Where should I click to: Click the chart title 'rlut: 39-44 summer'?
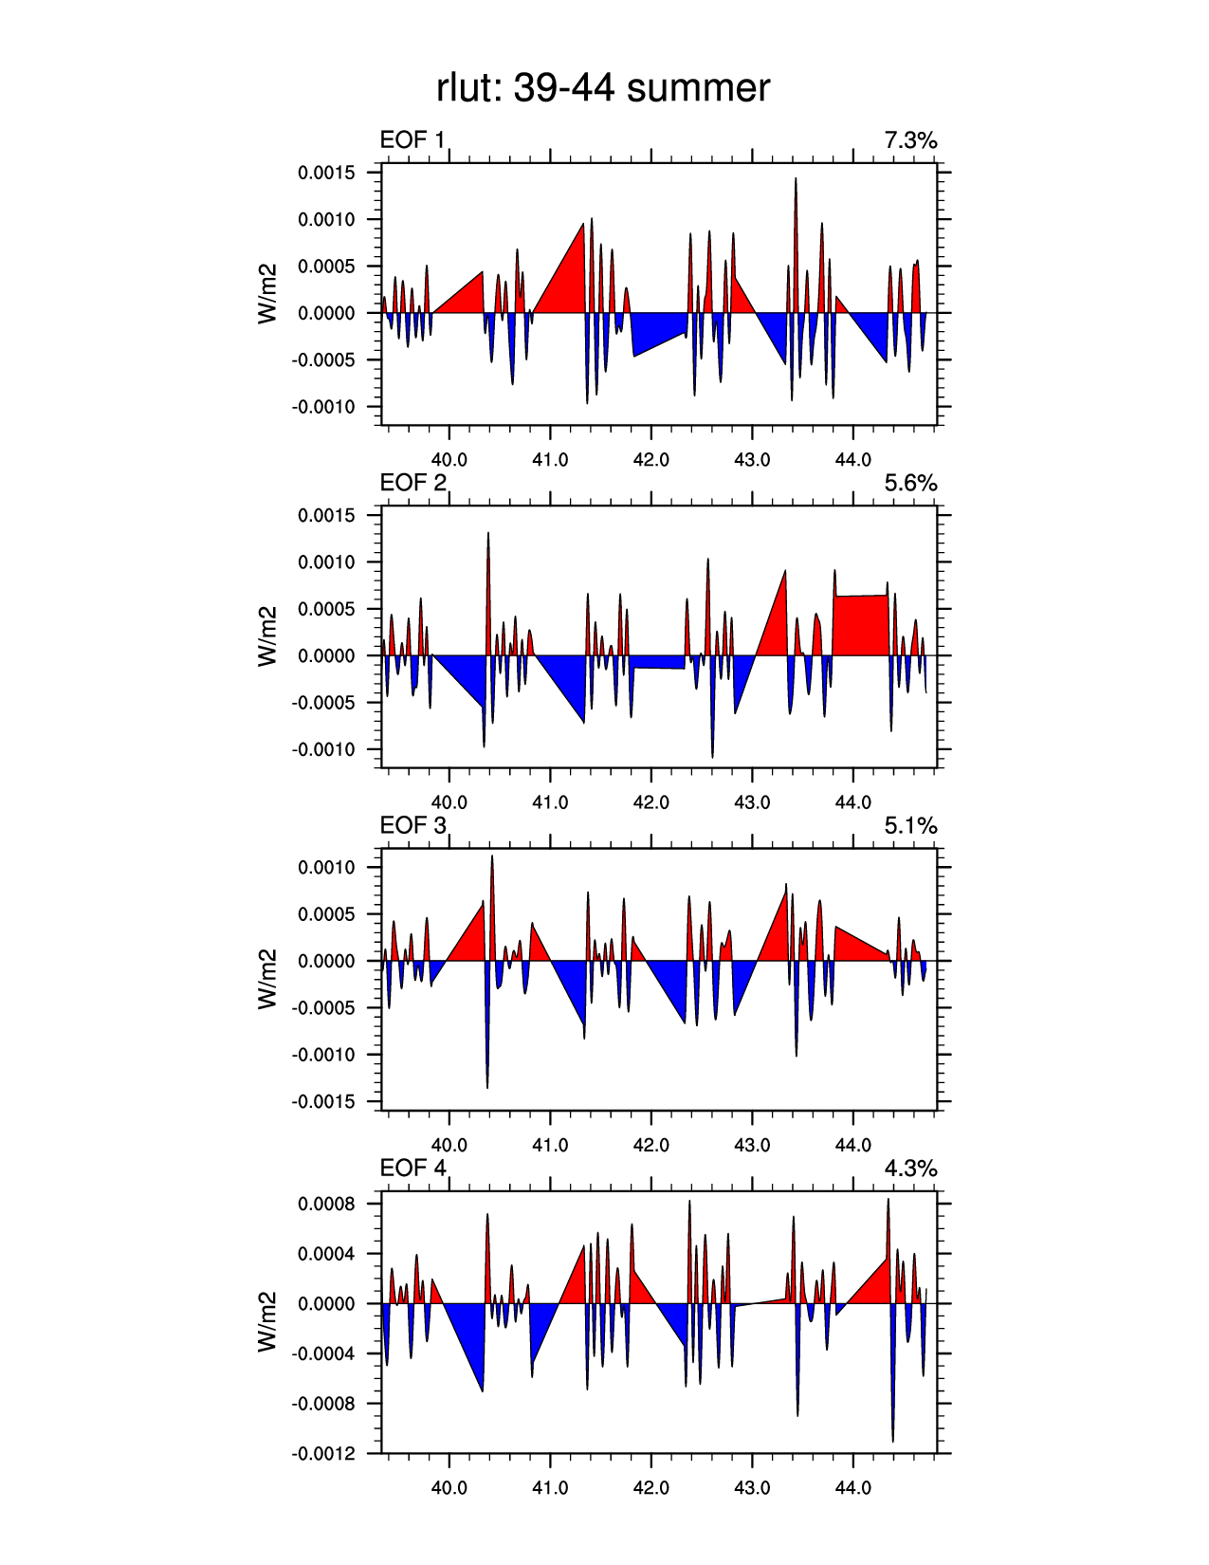(x=603, y=88)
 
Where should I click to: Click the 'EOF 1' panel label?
(x=412, y=140)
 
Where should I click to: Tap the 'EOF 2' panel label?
(x=412, y=483)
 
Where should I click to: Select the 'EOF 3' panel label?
(x=412, y=825)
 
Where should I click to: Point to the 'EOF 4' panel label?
(x=412, y=1168)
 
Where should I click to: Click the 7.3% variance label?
(x=910, y=140)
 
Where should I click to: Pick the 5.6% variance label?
(x=910, y=483)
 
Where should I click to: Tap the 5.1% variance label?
(x=910, y=825)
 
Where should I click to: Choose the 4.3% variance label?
(x=910, y=1168)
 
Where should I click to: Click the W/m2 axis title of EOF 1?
(x=267, y=293)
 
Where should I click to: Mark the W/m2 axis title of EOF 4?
(x=267, y=1321)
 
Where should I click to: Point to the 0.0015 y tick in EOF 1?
(x=326, y=173)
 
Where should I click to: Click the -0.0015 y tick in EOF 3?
(x=323, y=1102)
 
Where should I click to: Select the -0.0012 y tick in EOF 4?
(x=323, y=1453)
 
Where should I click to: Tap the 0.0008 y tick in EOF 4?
(x=326, y=1204)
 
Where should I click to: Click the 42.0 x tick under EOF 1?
(x=650, y=460)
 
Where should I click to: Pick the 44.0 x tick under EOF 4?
(x=852, y=1488)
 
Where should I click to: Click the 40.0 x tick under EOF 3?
(x=449, y=1145)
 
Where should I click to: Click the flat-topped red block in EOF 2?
(x=861, y=626)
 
